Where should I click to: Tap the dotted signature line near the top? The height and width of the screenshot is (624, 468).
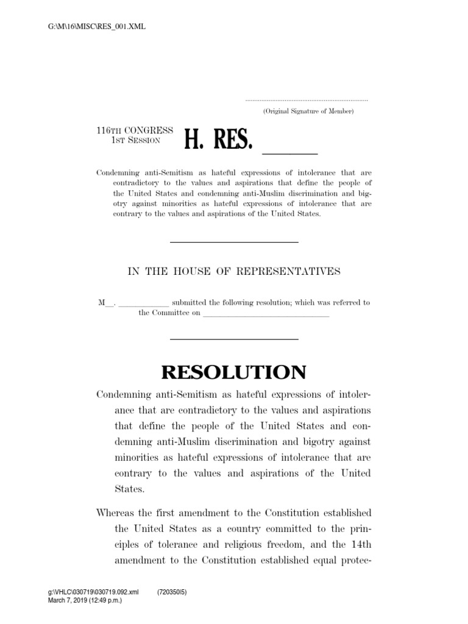tap(307, 100)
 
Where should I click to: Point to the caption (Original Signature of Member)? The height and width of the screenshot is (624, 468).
tap(308, 112)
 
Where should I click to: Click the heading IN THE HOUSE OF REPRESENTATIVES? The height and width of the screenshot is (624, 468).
tap(233, 272)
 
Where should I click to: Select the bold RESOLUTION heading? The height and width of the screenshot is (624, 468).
tap(233, 371)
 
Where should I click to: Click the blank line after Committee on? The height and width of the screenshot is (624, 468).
tap(265, 314)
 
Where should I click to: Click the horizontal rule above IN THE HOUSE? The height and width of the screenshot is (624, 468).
tap(233, 243)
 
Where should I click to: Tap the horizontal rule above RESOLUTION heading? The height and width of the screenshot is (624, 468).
tap(233, 339)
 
